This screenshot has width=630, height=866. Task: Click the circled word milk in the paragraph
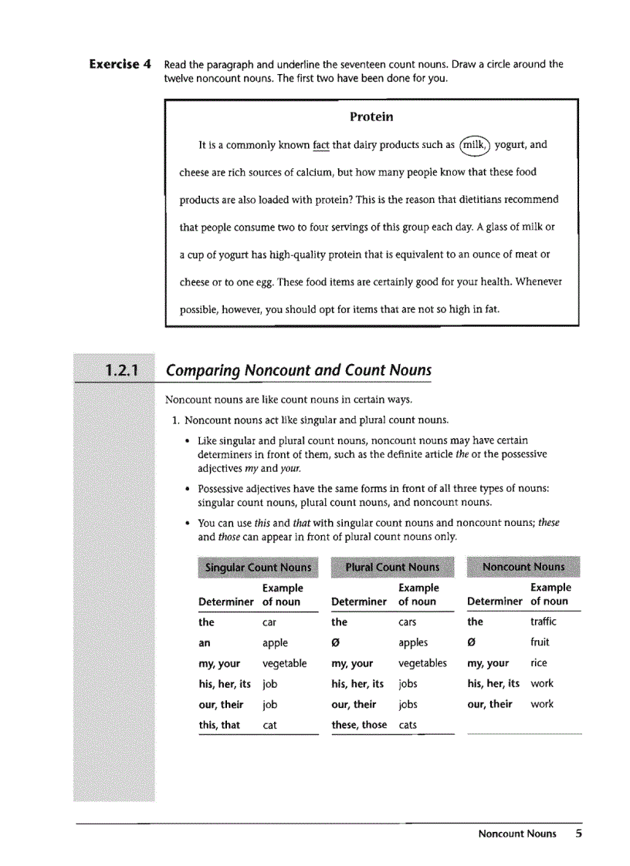coord(474,144)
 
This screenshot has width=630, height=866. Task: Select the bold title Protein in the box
coord(371,117)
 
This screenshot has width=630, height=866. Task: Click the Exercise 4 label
coord(120,64)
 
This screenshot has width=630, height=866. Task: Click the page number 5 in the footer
coord(578,834)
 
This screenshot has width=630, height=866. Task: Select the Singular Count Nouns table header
coord(258,568)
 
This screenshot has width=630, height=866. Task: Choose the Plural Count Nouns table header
coord(392,568)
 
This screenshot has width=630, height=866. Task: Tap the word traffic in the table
coord(543,622)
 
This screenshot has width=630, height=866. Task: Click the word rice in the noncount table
coord(539,662)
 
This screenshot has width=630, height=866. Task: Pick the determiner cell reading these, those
coord(359,725)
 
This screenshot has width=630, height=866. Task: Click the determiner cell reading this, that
coord(219,725)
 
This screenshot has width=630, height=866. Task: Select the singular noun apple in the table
coord(275,642)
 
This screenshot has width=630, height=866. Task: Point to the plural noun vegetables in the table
coord(422,663)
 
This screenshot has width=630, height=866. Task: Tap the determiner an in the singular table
coord(205,642)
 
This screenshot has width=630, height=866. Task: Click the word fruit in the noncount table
coord(541,642)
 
